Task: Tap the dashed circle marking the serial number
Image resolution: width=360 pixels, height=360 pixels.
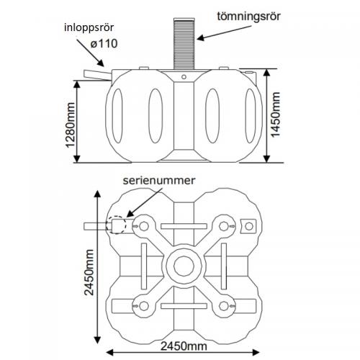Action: pos(115,225)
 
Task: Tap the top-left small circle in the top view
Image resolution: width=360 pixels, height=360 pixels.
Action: pos(145,226)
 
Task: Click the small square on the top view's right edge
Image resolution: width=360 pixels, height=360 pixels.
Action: pos(250,226)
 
